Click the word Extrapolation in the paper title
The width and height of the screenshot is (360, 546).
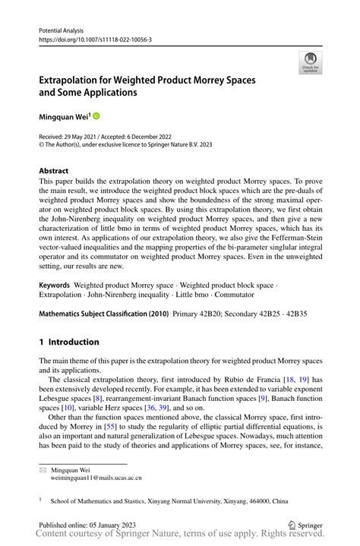75,78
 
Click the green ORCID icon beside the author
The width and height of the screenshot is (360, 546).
96,116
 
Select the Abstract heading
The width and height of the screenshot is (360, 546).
53,172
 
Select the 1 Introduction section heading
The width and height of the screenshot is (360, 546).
69,342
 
